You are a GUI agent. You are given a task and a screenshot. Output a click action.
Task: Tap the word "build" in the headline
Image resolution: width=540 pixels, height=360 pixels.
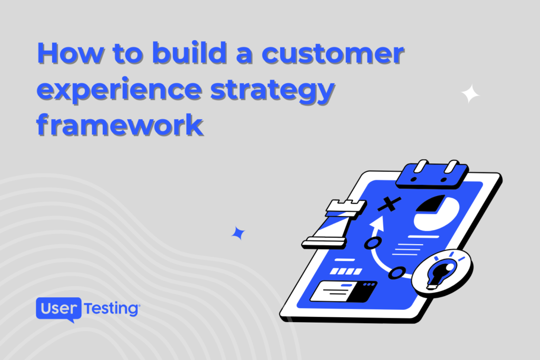pyautogui.click(x=189, y=53)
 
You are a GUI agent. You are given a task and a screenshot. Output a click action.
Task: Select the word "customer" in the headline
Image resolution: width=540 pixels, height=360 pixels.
pyautogui.click(x=333, y=54)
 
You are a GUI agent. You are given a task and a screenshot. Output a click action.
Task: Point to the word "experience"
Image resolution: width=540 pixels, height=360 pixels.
pyautogui.click(x=119, y=90)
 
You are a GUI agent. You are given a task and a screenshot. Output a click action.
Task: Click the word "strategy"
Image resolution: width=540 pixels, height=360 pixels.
pyautogui.click(x=273, y=91)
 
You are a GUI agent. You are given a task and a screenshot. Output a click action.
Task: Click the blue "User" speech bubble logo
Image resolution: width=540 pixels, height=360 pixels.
pyautogui.click(x=59, y=309)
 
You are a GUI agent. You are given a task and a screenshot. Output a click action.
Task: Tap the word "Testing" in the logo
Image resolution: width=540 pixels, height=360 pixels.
pyautogui.click(x=111, y=309)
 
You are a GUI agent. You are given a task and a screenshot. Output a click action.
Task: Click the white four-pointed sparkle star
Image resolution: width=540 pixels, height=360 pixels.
pyautogui.click(x=470, y=94)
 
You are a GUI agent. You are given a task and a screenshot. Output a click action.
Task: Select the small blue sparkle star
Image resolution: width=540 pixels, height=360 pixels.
pyautogui.click(x=238, y=233)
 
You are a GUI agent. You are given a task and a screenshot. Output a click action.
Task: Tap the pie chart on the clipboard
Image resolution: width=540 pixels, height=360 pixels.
pyautogui.click(x=437, y=213)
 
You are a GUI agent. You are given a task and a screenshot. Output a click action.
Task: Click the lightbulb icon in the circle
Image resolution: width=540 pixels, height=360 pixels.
pyautogui.click(x=441, y=271)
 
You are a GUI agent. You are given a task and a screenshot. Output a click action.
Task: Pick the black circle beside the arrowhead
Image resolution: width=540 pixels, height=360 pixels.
pyautogui.click(x=373, y=242)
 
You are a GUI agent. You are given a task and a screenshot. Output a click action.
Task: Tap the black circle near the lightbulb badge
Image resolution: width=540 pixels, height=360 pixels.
pyautogui.click(x=397, y=273)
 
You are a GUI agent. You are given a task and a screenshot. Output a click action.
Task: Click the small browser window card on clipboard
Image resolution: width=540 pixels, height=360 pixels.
pyautogui.click(x=344, y=291)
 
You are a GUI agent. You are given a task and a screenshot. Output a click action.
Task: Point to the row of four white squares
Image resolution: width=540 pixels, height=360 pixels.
pyautogui.click(x=346, y=271)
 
